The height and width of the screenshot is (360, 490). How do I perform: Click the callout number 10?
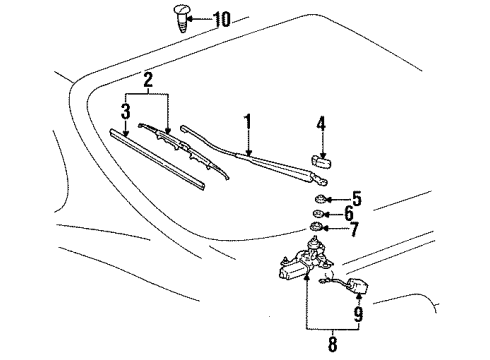222,19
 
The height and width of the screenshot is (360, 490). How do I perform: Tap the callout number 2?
148,80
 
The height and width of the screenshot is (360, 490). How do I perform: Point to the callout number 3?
125,111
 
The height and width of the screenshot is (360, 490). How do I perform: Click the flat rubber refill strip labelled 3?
157,160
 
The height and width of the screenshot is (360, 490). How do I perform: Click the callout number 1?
247,122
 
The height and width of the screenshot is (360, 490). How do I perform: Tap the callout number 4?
320,124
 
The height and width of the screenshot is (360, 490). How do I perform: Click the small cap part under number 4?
322,163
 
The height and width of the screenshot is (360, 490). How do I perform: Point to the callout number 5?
357,199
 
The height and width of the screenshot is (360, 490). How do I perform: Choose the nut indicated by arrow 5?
320,199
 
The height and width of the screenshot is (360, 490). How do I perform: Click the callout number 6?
349,213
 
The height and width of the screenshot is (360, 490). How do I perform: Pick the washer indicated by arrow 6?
317,214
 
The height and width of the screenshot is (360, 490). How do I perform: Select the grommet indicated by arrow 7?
315,227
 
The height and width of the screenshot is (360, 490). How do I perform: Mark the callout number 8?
332,344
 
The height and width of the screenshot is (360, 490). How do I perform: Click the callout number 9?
358,314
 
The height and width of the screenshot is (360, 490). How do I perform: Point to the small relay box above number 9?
357,286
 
